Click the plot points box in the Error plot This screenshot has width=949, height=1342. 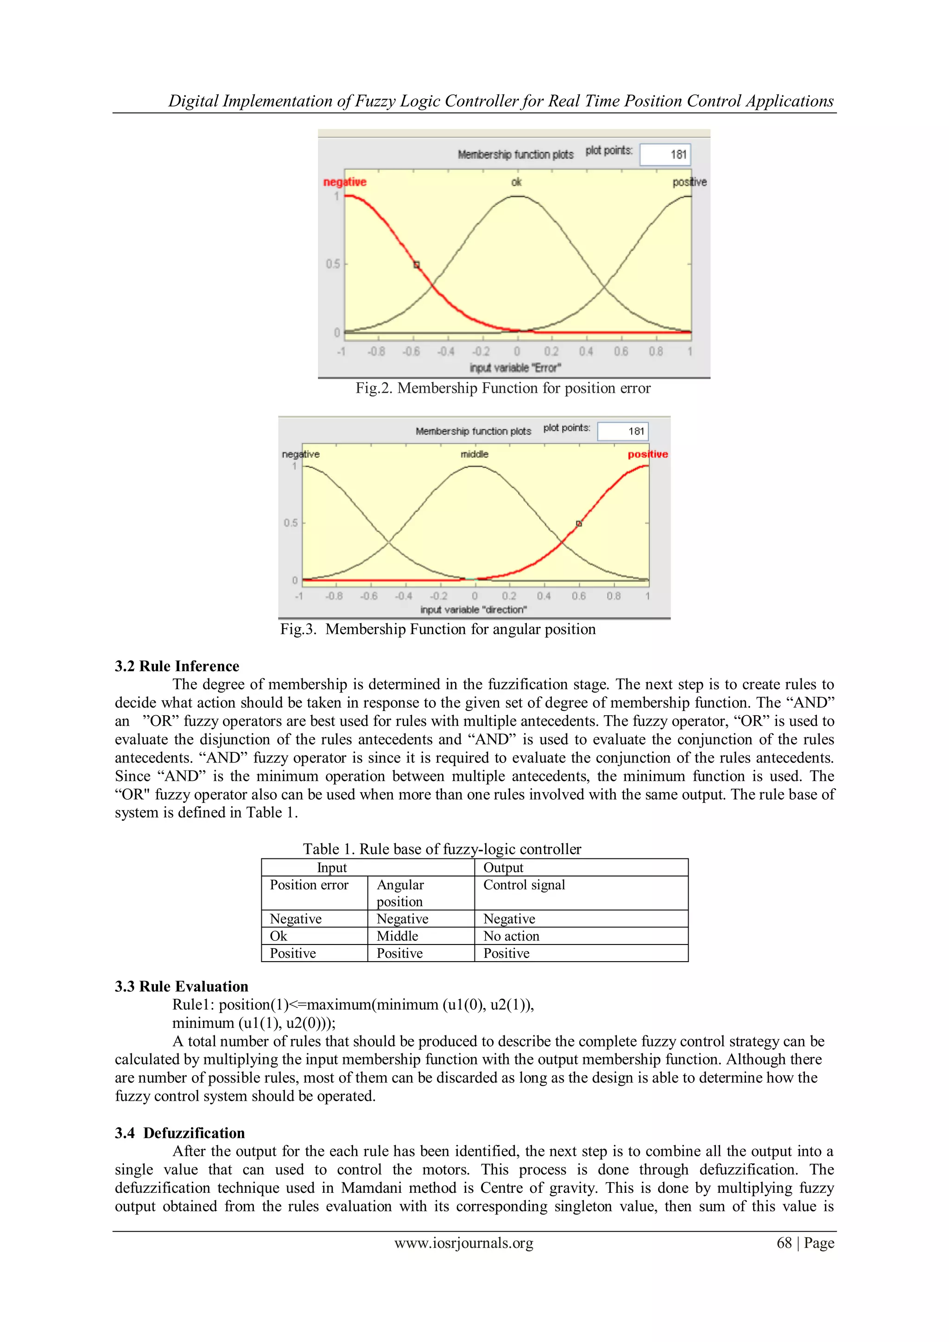tap(665, 154)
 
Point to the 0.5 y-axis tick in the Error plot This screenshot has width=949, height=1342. tap(333, 264)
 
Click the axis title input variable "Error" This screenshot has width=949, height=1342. tap(515, 368)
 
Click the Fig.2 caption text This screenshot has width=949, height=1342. tap(503, 388)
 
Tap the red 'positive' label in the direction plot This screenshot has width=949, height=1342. tap(647, 454)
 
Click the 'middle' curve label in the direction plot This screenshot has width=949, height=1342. tap(474, 454)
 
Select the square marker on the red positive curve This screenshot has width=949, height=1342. tap(578, 524)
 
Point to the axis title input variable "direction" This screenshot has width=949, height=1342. tap(474, 610)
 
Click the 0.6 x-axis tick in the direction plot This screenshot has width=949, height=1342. tap(578, 596)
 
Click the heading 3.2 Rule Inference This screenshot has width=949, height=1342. tap(177, 666)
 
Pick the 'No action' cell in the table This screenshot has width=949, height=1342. tap(511, 936)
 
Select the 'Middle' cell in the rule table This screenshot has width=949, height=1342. tap(397, 936)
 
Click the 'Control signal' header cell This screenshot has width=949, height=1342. tap(524, 885)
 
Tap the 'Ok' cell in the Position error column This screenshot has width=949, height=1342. tap(278, 936)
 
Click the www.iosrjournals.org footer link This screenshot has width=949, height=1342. tap(464, 1243)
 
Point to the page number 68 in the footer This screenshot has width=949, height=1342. tap(784, 1243)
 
